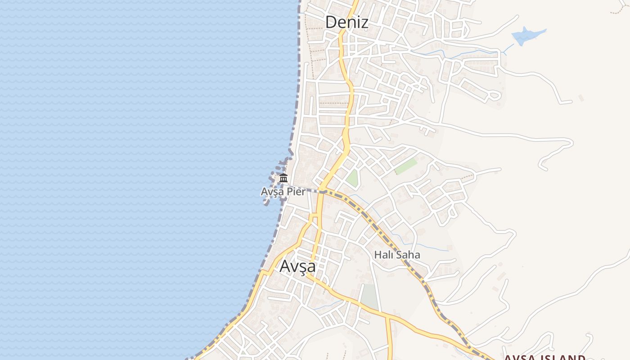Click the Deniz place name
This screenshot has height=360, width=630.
[x=346, y=22]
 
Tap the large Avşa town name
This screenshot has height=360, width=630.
[x=297, y=266]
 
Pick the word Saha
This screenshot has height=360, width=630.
[x=409, y=255]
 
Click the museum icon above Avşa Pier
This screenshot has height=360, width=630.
[x=283, y=178]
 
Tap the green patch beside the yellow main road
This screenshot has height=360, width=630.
[x=352, y=178]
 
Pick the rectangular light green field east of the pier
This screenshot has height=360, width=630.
[x=406, y=166]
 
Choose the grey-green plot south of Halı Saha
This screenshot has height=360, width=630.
[x=369, y=297]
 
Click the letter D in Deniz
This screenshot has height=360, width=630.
[x=331, y=22]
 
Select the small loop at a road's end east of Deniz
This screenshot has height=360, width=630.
[x=494, y=95]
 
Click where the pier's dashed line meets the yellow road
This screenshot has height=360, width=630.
[x=321, y=191]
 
